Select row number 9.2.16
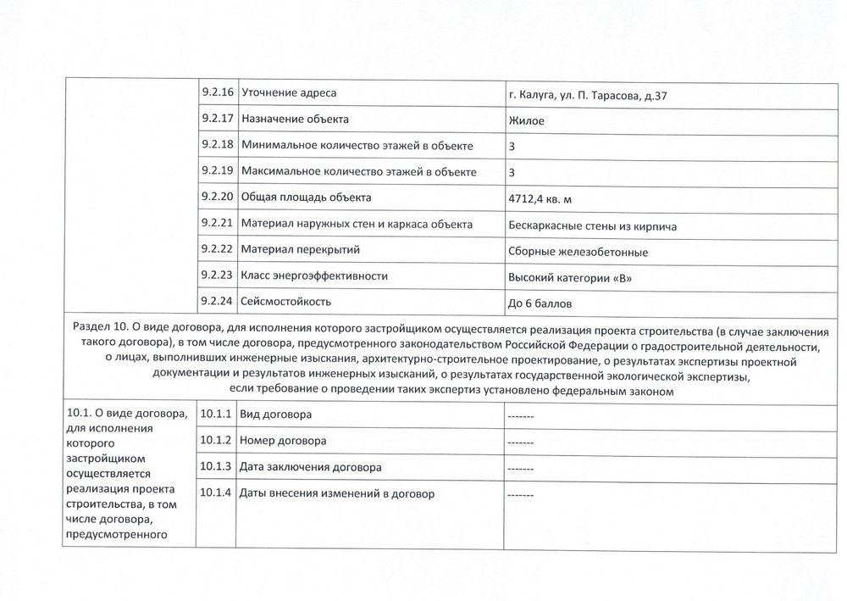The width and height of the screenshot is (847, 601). tap(218, 92)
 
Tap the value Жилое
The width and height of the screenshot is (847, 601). tap(526, 120)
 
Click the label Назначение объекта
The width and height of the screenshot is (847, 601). tap(295, 119)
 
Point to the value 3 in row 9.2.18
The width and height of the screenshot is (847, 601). tap(512, 146)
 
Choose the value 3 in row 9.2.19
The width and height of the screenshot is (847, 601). tap(512, 172)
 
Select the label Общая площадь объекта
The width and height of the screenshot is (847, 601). tap(307, 198)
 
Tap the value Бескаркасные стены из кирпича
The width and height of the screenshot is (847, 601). tap(592, 225)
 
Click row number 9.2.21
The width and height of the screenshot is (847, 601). tap(218, 224)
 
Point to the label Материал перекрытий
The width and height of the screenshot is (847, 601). tap(301, 250)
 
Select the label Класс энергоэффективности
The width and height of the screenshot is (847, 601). tap(314, 275)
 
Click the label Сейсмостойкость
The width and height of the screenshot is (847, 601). tap(285, 301)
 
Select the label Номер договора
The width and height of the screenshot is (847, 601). tap(283, 441)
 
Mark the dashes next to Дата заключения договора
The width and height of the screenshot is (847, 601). tap(519, 468)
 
